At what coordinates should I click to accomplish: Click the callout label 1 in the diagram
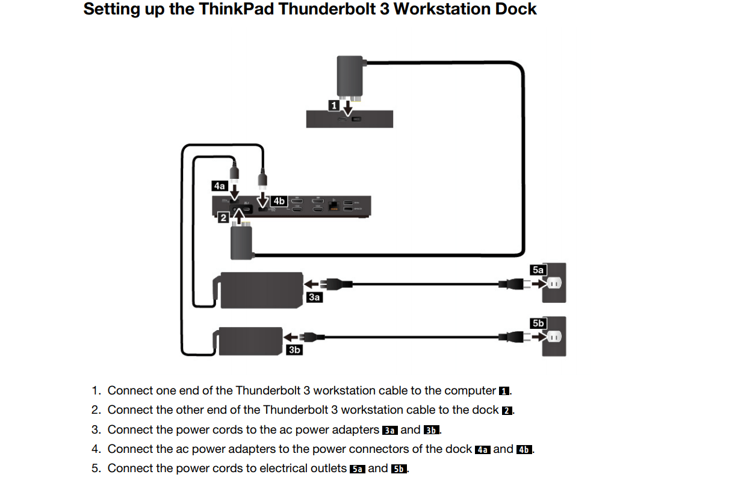pos(333,106)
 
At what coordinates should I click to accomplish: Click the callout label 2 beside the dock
pos(223,217)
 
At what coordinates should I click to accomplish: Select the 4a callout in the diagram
pos(220,186)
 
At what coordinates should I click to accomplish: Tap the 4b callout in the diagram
pos(278,201)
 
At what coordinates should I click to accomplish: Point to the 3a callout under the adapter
pos(314,297)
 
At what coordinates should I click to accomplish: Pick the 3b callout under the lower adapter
pos(294,349)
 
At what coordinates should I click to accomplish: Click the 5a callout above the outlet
pos(538,270)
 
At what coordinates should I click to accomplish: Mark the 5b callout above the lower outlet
pos(538,323)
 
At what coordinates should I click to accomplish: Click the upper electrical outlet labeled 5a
pos(554,283)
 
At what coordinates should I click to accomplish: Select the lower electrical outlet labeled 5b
pos(554,337)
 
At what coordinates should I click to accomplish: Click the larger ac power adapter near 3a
pos(261,290)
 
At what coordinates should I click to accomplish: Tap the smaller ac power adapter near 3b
pos(250,341)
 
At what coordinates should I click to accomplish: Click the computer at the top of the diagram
pos(349,119)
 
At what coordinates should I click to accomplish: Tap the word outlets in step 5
pos(326,469)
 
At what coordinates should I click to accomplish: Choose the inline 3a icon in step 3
pos(389,430)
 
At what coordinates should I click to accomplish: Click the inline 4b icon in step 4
pos(524,450)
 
